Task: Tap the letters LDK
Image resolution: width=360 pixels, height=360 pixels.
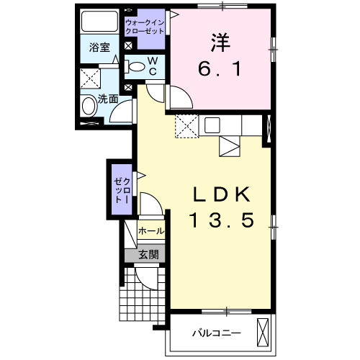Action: pos(222,194)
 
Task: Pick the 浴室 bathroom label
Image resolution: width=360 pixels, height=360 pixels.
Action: pos(99,48)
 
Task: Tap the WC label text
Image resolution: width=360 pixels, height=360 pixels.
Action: pos(153,67)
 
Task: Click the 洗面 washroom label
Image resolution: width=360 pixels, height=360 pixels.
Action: pos(108,99)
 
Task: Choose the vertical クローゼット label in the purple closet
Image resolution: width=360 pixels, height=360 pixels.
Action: pos(120,189)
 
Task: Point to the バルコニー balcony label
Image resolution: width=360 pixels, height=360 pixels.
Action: pos(217,333)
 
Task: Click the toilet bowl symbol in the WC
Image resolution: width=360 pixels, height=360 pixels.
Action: pos(135,67)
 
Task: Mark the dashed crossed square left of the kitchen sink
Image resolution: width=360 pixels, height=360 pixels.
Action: pos(186,127)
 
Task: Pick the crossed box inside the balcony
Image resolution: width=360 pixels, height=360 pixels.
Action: pos(265,332)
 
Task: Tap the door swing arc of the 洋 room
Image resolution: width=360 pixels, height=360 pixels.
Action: pos(180,97)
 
